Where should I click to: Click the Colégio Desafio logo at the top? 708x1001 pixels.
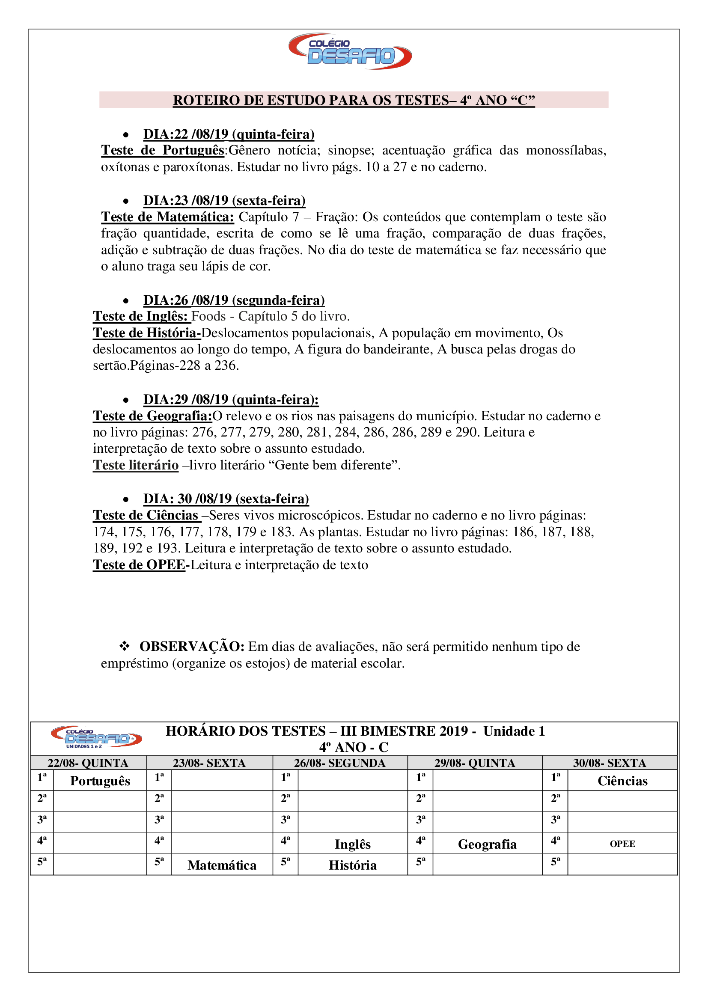click(x=350, y=51)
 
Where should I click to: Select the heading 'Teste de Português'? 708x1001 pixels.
click(x=163, y=150)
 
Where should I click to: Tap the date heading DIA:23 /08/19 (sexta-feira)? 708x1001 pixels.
click(x=224, y=201)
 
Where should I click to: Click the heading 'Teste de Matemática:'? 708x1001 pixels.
click(x=167, y=217)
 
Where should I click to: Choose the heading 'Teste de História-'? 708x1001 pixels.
click(x=146, y=333)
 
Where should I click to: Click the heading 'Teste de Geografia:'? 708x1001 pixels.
click(x=152, y=416)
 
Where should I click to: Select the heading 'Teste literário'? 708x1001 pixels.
click(x=136, y=465)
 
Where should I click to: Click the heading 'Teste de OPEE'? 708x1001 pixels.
click(x=139, y=565)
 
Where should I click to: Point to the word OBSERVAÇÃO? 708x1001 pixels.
click(x=192, y=647)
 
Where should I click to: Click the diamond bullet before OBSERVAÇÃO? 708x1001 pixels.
click(x=125, y=646)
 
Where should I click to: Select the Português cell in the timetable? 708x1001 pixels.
click(x=100, y=781)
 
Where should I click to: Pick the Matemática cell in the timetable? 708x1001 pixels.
click(x=222, y=865)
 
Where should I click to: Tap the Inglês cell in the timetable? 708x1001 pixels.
click(x=352, y=844)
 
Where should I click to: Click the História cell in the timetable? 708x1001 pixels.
click(x=352, y=865)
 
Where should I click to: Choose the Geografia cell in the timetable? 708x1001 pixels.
click(x=487, y=844)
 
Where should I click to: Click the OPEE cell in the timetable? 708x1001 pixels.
click(x=622, y=844)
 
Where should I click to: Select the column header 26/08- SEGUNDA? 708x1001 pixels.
click(x=339, y=763)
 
